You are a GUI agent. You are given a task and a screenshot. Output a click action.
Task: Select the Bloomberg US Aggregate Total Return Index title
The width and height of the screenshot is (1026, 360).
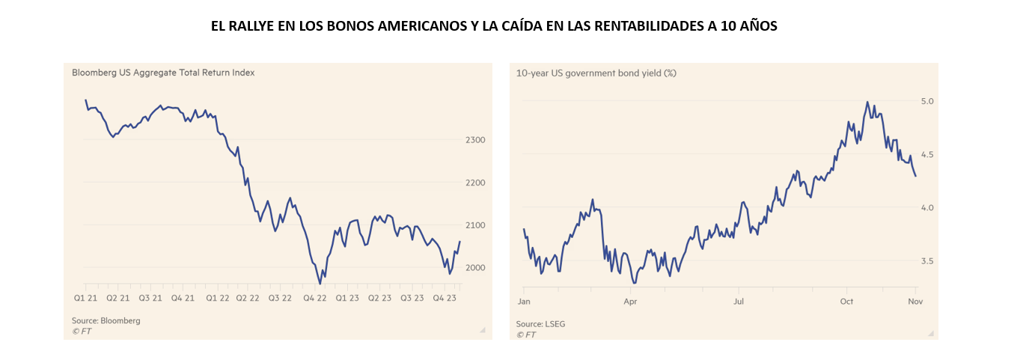tap(163, 73)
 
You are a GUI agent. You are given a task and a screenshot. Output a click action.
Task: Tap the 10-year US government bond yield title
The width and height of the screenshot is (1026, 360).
tap(596, 73)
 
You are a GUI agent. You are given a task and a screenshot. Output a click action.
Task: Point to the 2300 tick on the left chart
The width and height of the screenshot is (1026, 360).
tap(476, 140)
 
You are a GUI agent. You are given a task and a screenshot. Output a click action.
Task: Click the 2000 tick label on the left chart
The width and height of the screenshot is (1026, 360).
tap(476, 268)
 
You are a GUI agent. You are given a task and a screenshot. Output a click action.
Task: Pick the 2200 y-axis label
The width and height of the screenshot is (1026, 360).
tap(476, 183)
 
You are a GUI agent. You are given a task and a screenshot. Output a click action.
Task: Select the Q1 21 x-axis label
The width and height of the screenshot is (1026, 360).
tap(85, 298)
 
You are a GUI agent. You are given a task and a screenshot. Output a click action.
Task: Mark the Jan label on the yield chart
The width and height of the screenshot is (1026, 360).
tap(524, 302)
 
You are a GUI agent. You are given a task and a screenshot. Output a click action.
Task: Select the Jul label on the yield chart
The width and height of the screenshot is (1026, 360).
tap(739, 302)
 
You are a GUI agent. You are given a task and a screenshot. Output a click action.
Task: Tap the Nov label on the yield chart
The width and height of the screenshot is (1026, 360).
tap(915, 302)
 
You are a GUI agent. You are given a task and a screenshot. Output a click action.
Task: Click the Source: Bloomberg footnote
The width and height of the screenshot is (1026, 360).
tap(106, 320)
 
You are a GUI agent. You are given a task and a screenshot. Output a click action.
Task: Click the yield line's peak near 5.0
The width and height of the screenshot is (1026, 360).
tap(867, 102)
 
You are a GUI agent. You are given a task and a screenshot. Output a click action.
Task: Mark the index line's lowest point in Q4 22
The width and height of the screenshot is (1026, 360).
tap(320, 284)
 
